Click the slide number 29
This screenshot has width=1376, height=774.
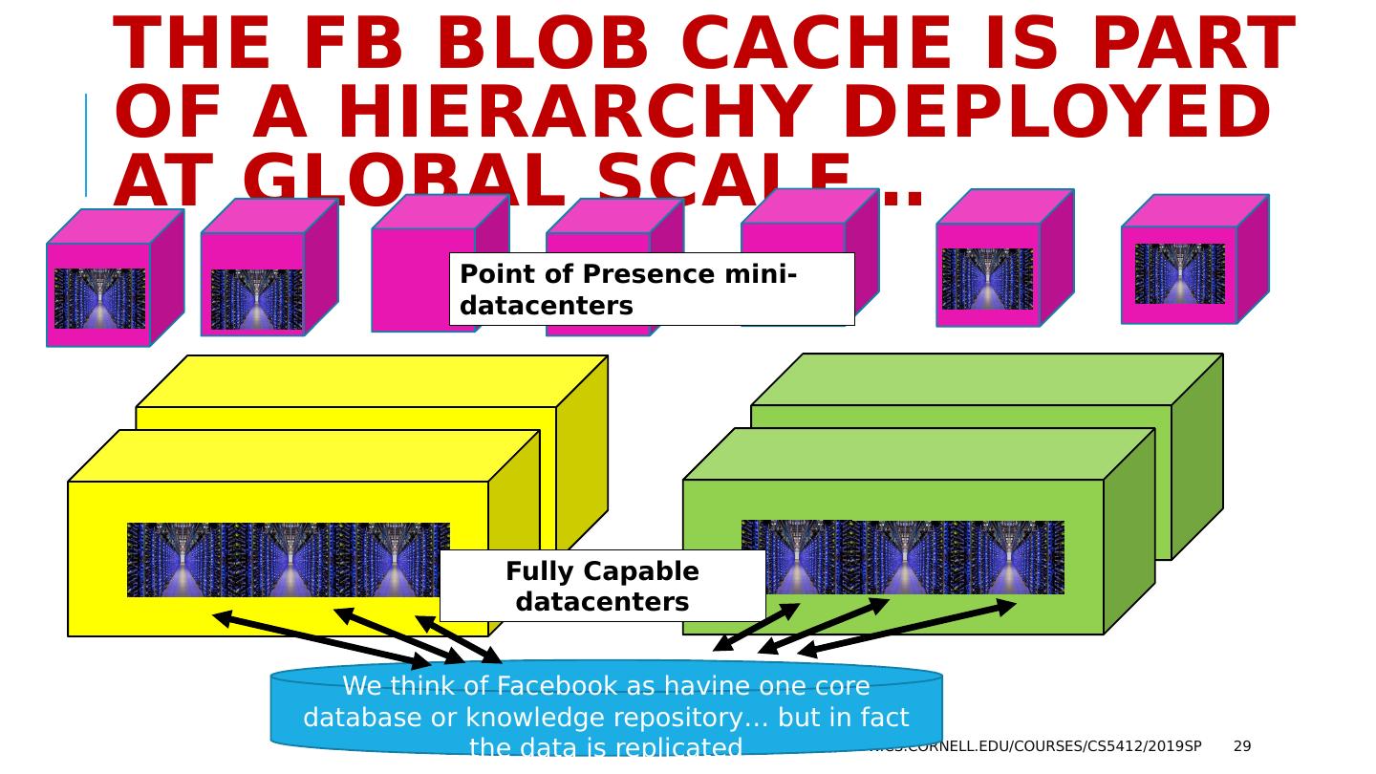click(x=1241, y=746)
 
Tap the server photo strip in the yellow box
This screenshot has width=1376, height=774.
click(x=288, y=560)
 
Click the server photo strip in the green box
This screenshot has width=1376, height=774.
click(x=902, y=557)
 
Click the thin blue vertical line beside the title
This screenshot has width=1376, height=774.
click(x=86, y=144)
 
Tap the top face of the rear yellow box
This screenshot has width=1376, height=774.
click(x=372, y=381)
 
